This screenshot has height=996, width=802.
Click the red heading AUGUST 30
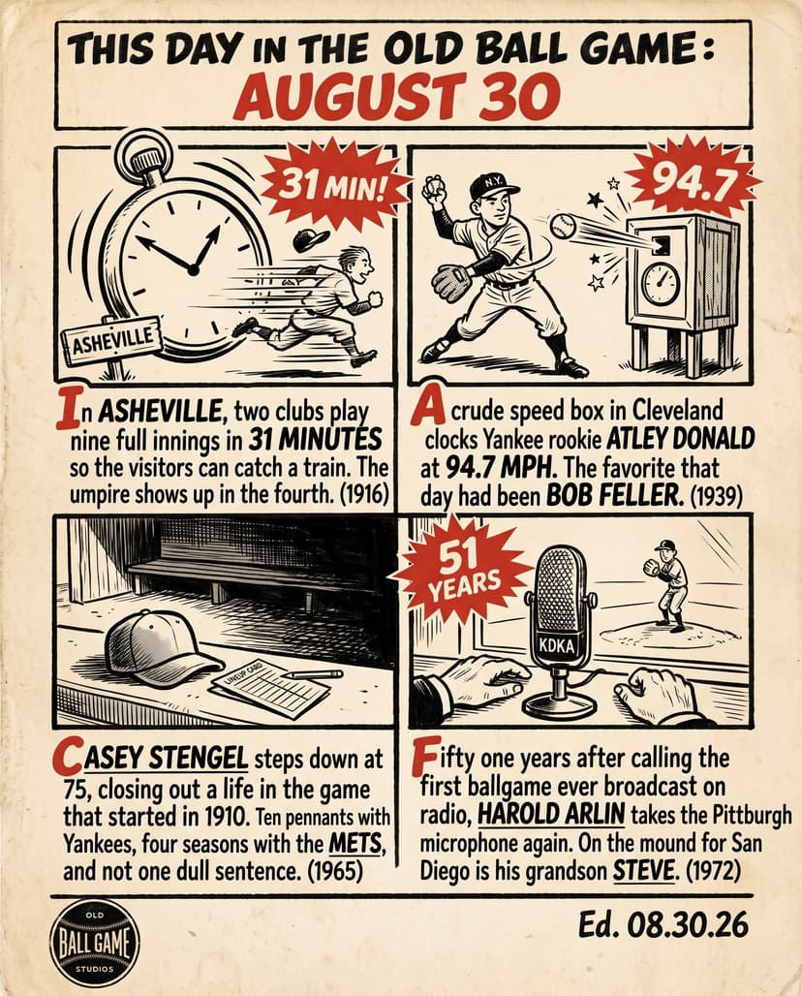[x=397, y=96]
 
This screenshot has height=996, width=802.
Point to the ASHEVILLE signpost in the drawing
[x=111, y=343]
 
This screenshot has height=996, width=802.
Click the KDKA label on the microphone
[x=556, y=646]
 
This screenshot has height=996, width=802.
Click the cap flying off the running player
[x=311, y=239]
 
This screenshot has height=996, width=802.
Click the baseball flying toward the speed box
[x=564, y=225]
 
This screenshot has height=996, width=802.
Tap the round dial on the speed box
[x=661, y=283]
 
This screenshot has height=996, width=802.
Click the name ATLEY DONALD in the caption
[x=680, y=439]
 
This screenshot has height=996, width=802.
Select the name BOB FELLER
[x=615, y=495]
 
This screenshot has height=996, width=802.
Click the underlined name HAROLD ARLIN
[x=550, y=814]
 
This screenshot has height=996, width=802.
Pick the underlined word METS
[x=355, y=844]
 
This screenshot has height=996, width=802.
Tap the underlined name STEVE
[x=642, y=871]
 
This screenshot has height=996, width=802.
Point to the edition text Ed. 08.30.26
[x=663, y=925]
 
